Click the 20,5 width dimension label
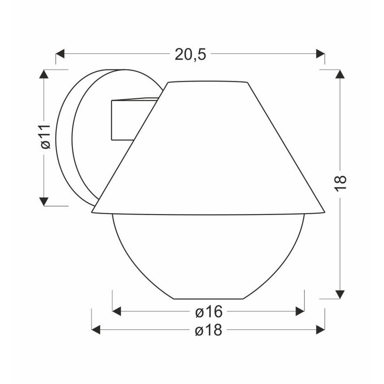[x=190, y=54]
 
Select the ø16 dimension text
[x=209, y=312]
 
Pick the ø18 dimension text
[x=209, y=330]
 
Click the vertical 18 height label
[x=340, y=183]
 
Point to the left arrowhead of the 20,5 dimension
[x=60, y=54]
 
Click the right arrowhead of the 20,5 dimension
[x=320, y=54]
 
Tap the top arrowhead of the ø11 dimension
[x=44, y=74]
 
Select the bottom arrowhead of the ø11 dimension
[x=44, y=201]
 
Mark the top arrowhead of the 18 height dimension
[x=340, y=74]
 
